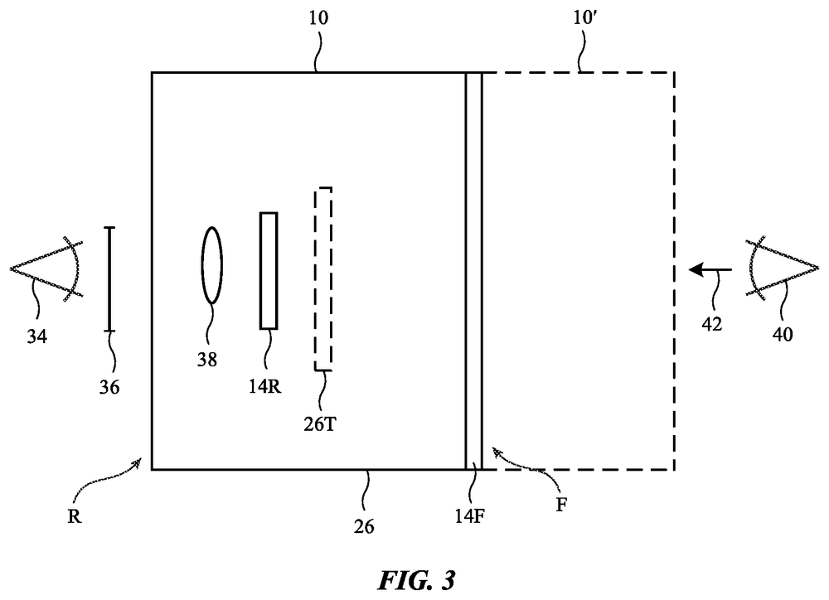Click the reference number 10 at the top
pos(318,18)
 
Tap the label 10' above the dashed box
pos(584,18)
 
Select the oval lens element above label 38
pos(212,265)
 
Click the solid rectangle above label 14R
pos(269,271)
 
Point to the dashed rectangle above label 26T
pos(323,279)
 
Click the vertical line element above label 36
pos(109,279)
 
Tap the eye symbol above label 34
pos(46,269)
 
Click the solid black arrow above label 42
pos(710,269)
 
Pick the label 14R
pos(265,386)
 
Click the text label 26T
pos(320,424)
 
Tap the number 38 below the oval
pos(207,360)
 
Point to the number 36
pos(109,388)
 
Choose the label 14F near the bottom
pos(469,515)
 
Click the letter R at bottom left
pos(75,516)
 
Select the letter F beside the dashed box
pos(561,506)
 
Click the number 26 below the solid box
pos(364,526)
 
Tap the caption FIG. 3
pos(416,580)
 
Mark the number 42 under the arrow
pos(711,324)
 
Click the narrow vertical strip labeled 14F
pos(473,271)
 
